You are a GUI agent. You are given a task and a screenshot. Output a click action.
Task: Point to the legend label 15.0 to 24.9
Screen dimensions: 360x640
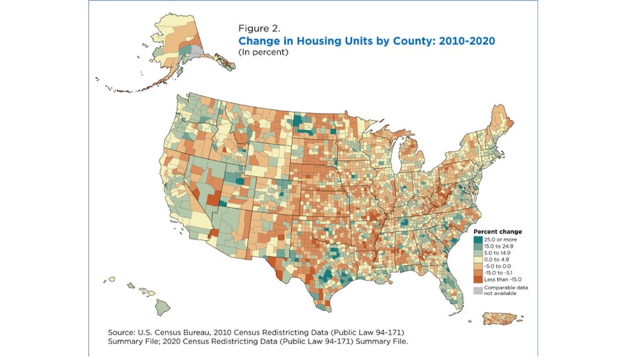[498, 245]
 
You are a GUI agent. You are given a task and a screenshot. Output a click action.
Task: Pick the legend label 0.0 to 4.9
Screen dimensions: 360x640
[495, 259]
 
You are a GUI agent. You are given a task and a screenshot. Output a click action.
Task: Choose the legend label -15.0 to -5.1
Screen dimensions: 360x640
[499, 273]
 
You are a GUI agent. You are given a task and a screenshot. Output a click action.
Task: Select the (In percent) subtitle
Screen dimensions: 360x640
[261, 52]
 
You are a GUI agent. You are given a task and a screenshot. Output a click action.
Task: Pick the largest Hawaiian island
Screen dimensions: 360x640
[163, 304]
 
